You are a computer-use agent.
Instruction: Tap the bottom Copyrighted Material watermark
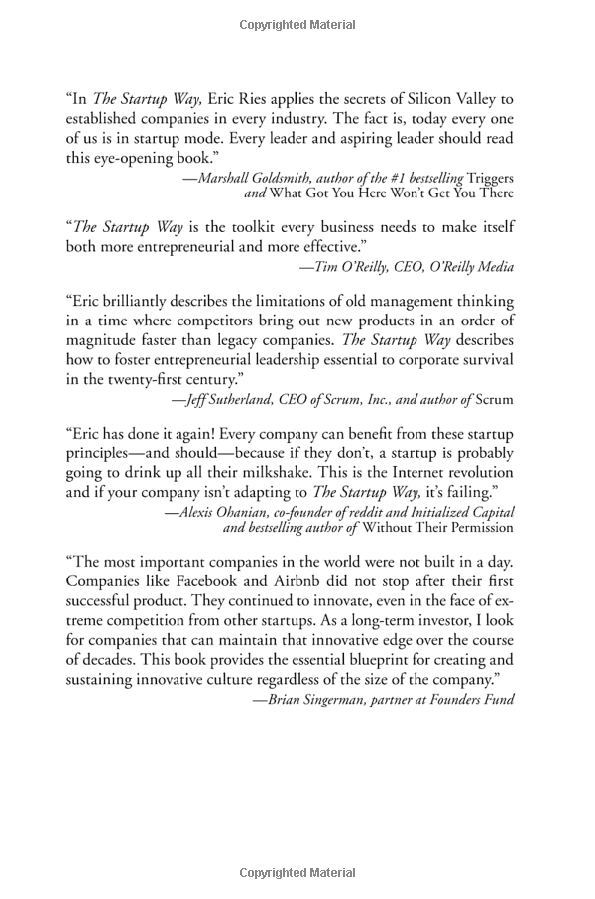[297, 873]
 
